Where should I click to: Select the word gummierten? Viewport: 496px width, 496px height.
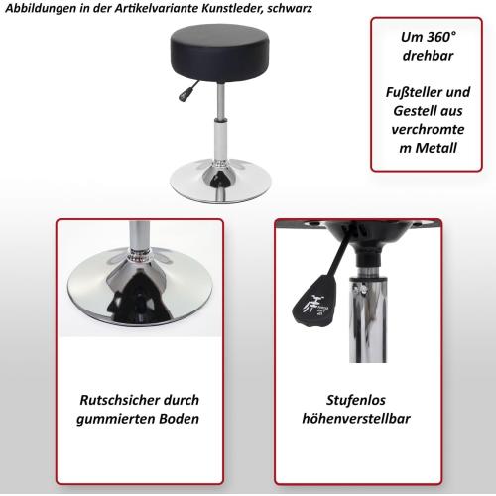116,418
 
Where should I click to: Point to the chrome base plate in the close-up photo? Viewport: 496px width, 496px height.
139,298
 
